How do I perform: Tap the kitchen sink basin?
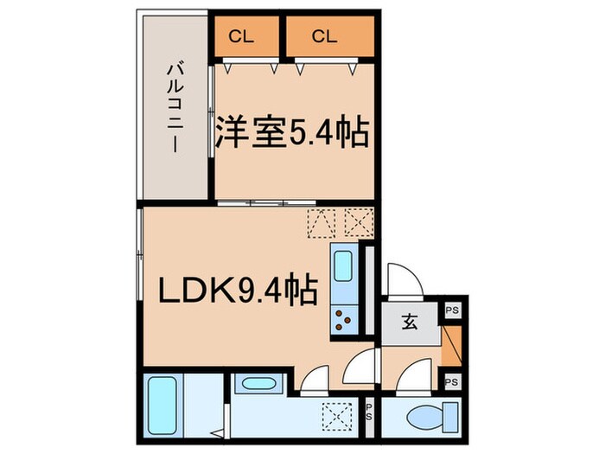[x=342, y=265]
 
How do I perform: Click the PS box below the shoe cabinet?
[x=451, y=381]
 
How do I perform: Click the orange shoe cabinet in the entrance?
[x=450, y=345]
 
